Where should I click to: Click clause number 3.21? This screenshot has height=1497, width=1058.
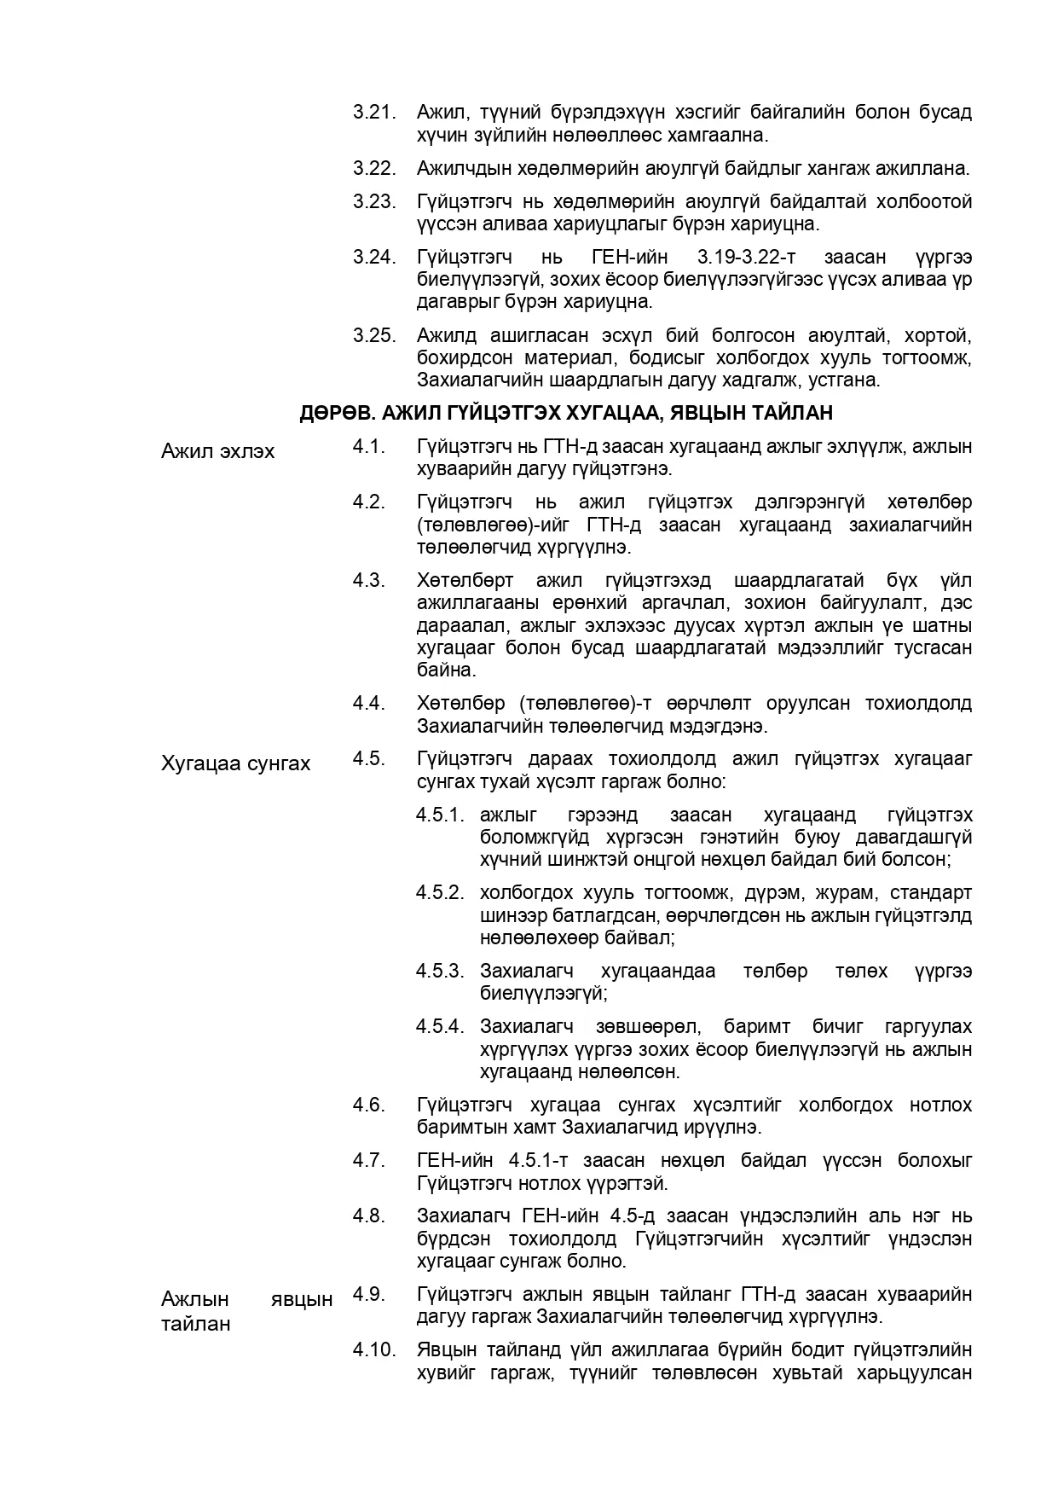[x=374, y=113]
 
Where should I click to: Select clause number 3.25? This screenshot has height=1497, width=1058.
[x=374, y=335]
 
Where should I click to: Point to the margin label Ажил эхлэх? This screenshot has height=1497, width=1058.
[x=217, y=451]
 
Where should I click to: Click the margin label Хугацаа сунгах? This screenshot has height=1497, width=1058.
[x=235, y=763]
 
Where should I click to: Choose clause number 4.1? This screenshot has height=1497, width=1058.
[x=369, y=446]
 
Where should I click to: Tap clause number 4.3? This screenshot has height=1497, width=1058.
[x=369, y=581]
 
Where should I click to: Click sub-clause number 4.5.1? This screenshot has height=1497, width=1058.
[x=440, y=815]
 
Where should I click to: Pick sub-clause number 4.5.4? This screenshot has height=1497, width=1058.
[x=440, y=1026]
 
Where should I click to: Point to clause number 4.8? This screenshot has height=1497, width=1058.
[x=369, y=1216]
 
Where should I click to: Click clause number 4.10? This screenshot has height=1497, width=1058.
[x=374, y=1349]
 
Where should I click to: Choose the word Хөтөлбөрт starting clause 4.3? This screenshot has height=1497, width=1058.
[x=465, y=581]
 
